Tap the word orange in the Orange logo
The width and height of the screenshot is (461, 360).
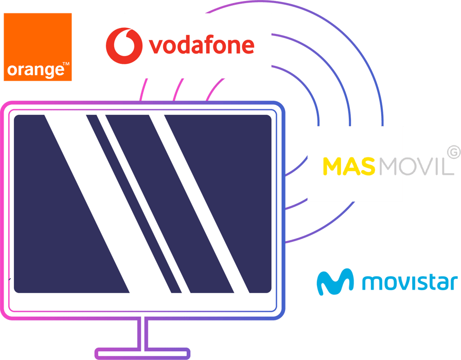coord(33,69)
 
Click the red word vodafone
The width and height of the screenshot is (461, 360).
coord(201,45)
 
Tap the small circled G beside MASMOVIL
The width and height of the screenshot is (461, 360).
coord(453,152)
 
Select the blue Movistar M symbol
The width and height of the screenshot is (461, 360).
coord(334,282)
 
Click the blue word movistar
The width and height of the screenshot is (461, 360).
coord(410,282)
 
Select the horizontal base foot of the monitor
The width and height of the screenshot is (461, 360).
coord(143,353)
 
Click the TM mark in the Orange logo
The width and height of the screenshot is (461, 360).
coord(66,65)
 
